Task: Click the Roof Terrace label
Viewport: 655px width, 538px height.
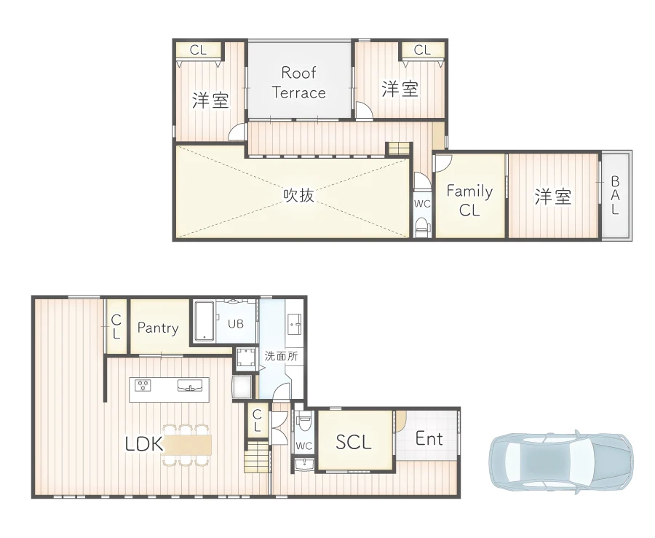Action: [x=298, y=82]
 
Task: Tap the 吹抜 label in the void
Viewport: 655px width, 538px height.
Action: [x=298, y=194]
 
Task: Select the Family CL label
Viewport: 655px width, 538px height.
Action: [x=469, y=200]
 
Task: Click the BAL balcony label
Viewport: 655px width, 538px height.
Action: [x=615, y=195]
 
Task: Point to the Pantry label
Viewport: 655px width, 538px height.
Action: [x=158, y=328]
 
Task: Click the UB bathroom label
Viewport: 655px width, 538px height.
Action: [x=235, y=324]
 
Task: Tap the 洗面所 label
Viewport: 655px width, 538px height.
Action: [x=280, y=357]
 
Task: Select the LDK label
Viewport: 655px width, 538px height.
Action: [x=143, y=443]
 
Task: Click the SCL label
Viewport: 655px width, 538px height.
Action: [x=354, y=441]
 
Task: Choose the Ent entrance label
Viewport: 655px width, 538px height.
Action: [x=429, y=438]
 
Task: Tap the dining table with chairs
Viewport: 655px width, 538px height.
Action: [x=187, y=444]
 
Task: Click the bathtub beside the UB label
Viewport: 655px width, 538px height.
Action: [x=204, y=321]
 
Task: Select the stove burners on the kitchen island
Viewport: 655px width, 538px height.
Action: [x=143, y=385]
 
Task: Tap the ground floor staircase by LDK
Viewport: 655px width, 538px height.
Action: [x=256, y=458]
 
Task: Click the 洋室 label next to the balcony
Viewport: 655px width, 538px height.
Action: [x=553, y=197]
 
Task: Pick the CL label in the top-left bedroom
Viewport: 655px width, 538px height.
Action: [x=198, y=50]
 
